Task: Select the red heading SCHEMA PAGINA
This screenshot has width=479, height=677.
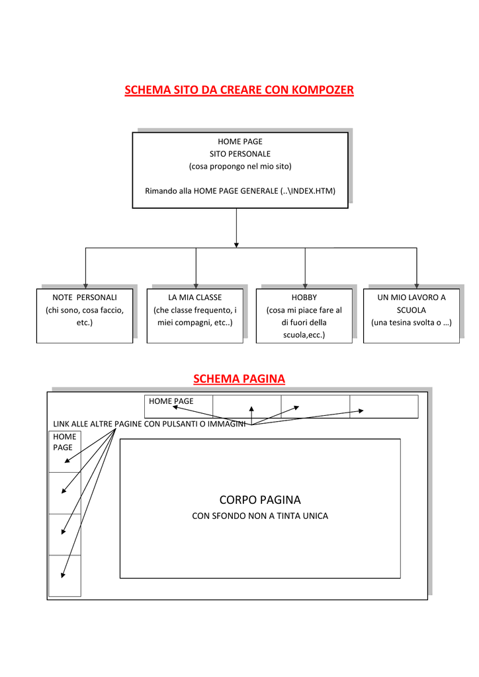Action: pyautogui.click(x=239, y=379)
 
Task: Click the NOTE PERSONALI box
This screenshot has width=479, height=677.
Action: pyautogui.click(x=85, y=315)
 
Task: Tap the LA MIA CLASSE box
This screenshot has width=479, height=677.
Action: pyautogui.click(x=195, y=315)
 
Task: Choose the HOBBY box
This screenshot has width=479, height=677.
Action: pyautogui.click(x=304, y=315)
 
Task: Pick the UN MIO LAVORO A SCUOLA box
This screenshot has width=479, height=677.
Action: pyautogui.click(x=412, y=315)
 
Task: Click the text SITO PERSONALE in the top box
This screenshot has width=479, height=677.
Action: pyautogui.click(x=240, y=153)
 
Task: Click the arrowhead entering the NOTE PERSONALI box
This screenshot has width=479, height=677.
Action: pyautogui.click(x=85, y=286)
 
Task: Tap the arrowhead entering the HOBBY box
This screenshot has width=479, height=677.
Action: pyautogui.click(x=305, y=286)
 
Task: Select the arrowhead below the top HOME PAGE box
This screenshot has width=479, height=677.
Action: pyautogui.click(x=236, y=245)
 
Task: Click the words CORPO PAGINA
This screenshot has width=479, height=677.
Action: pyautogui.click(x=260, y=500)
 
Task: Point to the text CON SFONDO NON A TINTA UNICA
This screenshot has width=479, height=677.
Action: pyautogui.click(x=260, y=516)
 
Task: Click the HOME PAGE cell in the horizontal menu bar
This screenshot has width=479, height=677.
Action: pyautogui.click(x=179, y=407)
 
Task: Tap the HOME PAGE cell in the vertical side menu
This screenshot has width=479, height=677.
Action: pyautogui.click(x=65, y=452)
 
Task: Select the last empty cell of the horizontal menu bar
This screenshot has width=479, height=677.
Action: pyautogui.click(x=384, y=407)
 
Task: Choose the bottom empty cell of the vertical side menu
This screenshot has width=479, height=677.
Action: pyautogui.click(x=65, y=576)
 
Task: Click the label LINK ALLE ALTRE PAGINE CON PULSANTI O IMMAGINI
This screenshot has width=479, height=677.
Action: pyautogui.click(x=149, y=424)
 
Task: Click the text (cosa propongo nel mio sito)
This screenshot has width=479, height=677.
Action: pyautogui.click(x=240, y=166)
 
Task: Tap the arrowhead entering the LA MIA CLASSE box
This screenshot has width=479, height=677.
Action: pyautogui.click(x=196, y=286)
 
